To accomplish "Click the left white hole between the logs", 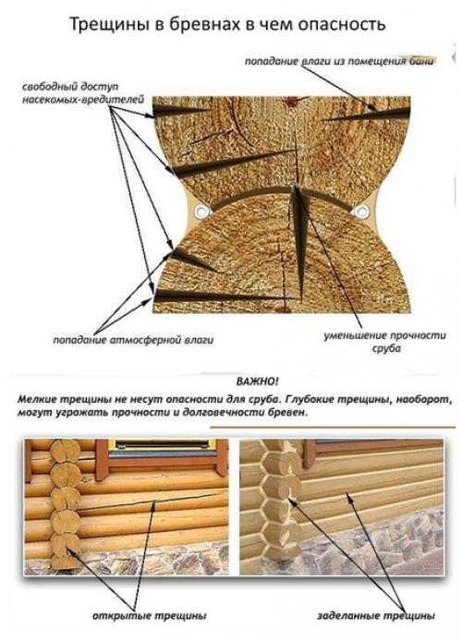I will tap(198, 213).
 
